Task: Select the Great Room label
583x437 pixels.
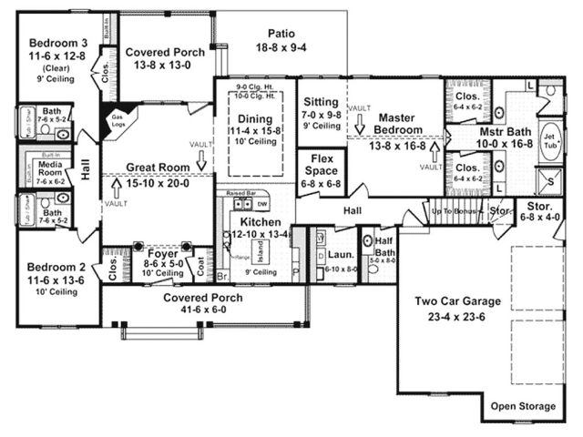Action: click(158, 168)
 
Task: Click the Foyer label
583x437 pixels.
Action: click(163, 254)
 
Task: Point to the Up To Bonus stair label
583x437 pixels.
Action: click(454, 211)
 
